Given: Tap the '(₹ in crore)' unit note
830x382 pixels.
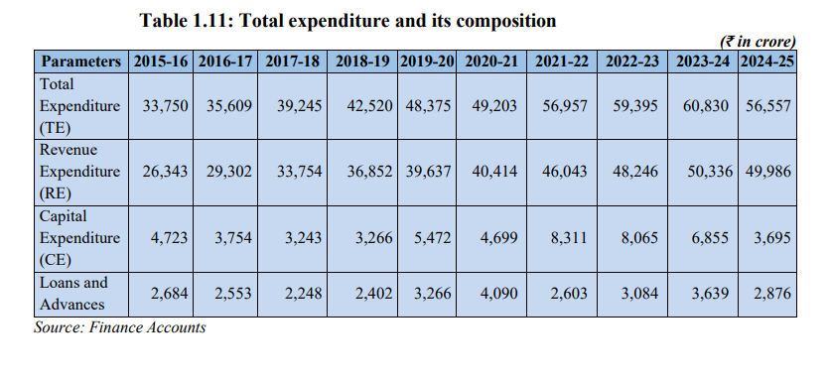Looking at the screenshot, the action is click(x=758, y=42).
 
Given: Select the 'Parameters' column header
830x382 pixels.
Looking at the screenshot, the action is click(x=81, y=62).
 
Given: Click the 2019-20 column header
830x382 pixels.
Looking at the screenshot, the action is click(x=427, y=62).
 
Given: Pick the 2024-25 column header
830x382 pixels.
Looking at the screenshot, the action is click(x=767, y=62).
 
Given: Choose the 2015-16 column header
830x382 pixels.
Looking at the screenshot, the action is click(x=161, y=62).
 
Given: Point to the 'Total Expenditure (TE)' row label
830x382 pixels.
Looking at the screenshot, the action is click(x=80, y=106).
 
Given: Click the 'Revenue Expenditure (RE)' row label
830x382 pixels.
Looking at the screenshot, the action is click(x=80, y=172).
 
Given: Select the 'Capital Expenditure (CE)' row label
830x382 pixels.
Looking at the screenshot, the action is click(x=80, y=238).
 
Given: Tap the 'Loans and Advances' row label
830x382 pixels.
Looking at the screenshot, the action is click(x=73, y=294).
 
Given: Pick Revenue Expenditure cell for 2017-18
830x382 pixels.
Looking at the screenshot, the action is click(x=299, y=172).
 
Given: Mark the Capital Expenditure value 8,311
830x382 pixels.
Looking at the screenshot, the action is click(x=569, y=238).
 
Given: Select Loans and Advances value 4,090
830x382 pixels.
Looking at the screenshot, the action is click(x=499, y=294).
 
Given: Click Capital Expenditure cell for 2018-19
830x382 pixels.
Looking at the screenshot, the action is click(x=374, y=238).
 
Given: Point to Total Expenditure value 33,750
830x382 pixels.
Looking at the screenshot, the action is click(x=165, y=106).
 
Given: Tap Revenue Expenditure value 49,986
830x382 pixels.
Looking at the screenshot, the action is click(x=768, y=172).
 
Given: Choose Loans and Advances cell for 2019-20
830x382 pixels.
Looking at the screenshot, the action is click(x=433, y=294).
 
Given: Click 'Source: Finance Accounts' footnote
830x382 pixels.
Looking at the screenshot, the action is click(x=120, y=328).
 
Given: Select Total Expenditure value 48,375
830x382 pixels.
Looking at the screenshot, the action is click(x=429, y=106).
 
